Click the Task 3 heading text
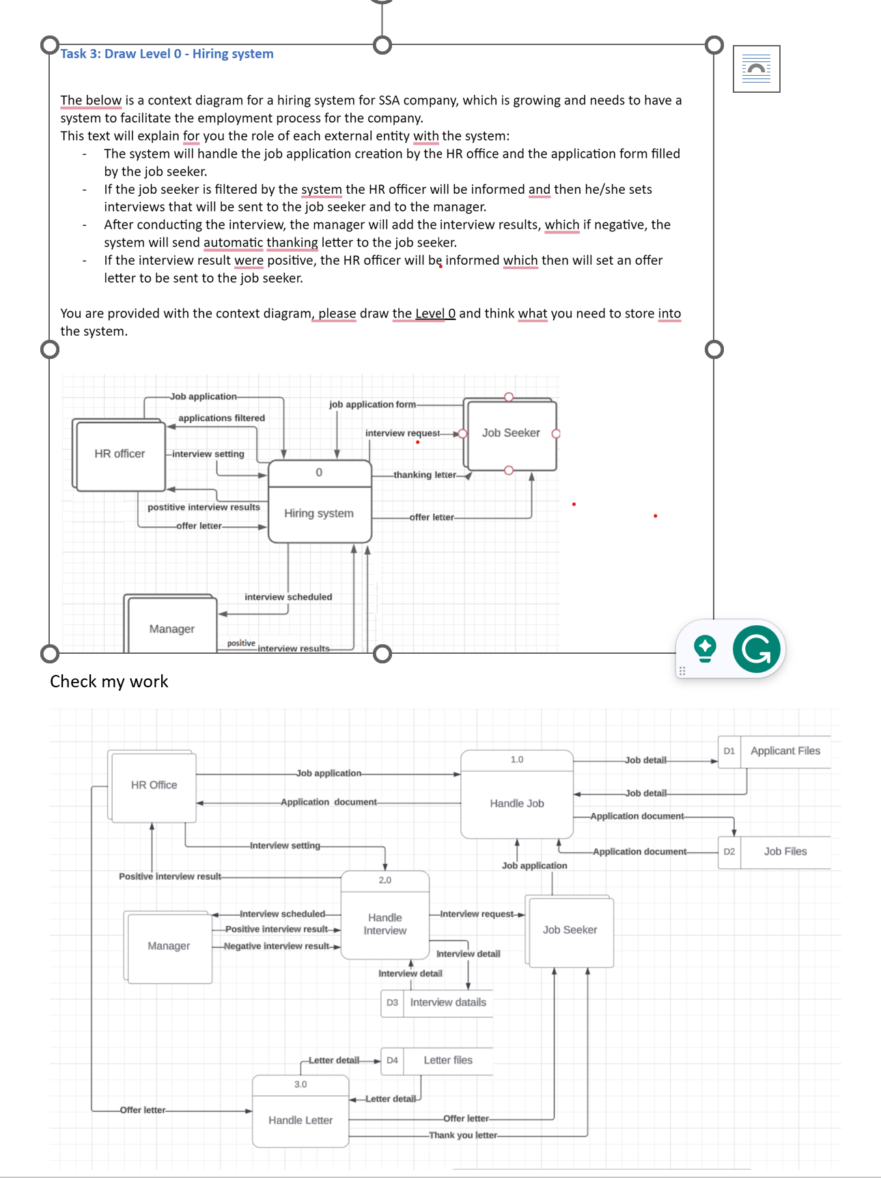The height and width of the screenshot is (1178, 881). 167,54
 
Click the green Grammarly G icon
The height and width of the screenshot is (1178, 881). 756,648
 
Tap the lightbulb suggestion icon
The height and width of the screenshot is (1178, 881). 705,648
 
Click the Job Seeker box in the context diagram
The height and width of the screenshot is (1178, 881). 511,433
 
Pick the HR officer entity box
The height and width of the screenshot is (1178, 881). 120,454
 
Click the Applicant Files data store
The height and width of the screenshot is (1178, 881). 785,751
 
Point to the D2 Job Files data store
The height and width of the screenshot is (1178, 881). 785,852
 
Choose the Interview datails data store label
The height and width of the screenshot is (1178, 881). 448,1003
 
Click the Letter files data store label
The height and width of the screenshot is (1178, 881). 448,1060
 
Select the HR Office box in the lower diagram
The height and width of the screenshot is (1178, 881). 154,786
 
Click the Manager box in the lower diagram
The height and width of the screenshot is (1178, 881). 169,946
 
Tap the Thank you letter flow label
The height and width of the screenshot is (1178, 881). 463,1135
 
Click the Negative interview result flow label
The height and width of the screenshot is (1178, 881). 277,946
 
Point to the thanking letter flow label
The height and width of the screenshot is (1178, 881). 425,475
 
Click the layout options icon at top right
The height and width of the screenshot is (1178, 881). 756,69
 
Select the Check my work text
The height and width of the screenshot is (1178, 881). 109,682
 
